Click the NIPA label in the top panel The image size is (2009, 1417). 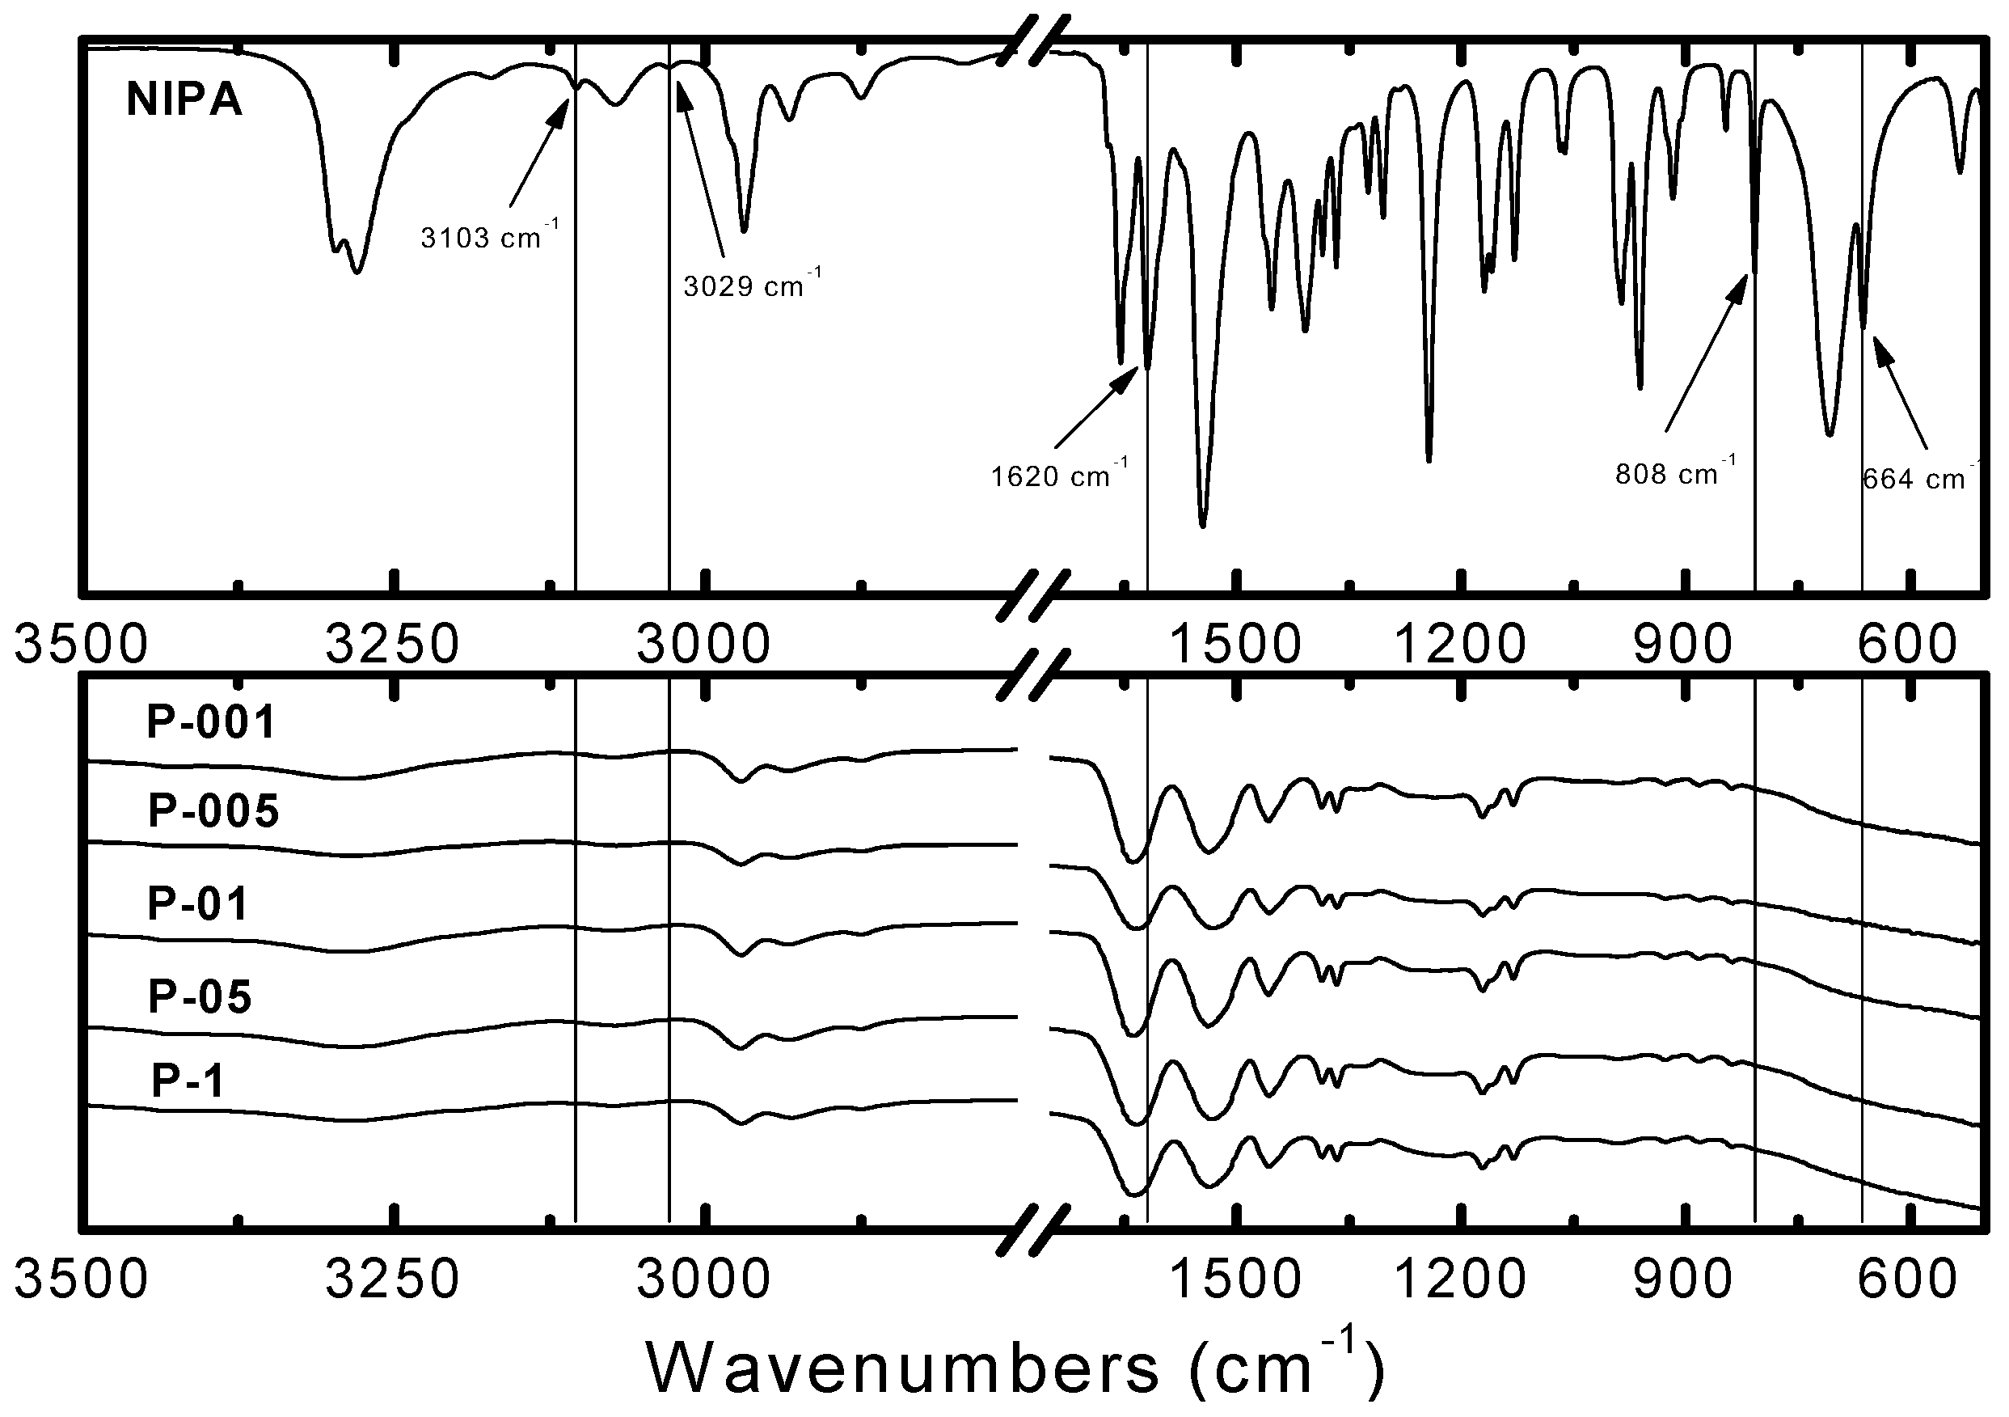[x=184, y=99]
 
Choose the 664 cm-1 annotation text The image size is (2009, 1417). [x=1916, y=478]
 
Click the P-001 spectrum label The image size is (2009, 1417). [x=211, y=723]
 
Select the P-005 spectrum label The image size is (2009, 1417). [x=213, y=811]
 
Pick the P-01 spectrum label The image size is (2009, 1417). [x=199, y=903]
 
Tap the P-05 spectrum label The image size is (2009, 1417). [x=200, y=996]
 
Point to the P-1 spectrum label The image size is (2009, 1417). [x=188, y=1080]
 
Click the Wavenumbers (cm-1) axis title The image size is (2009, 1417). [x=1015, y=1367]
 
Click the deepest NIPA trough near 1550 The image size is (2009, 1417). [x=1202, y=524]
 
